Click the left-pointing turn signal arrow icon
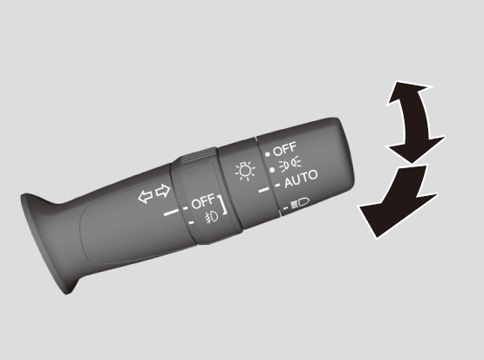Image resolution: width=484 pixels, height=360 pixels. point(145,196)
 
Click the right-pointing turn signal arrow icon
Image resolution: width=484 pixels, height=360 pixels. point(163,191)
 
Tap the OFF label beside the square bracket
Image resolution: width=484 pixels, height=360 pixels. point(203,201)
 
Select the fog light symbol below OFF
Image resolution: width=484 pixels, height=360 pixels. point(211,217)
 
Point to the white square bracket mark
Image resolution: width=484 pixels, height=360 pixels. point(223,205)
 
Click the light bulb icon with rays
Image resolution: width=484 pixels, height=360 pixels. point(245,171)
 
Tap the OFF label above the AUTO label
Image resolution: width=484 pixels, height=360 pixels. point(284,149)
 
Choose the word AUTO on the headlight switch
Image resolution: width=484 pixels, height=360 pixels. point(301,179)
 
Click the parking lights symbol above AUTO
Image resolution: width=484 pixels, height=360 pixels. point(290,163)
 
